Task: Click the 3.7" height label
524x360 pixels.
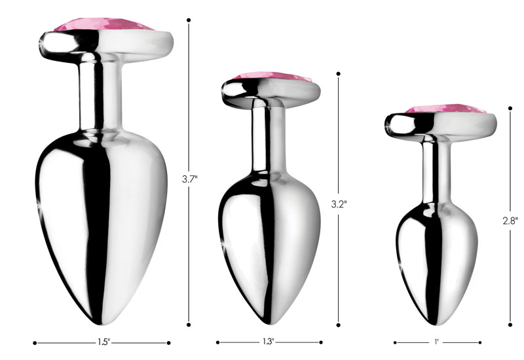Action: coord(190,177)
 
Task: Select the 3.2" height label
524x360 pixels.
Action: coord(339,203)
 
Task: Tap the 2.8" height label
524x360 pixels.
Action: coord(512,221)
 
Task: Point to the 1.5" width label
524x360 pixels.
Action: coord(101,342)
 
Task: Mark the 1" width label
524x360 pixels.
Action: coord(436,342)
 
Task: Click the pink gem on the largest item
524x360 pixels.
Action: coord(104,24)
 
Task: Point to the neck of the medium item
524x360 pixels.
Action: coord(267,137)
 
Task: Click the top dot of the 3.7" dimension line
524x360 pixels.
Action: coord(189,20)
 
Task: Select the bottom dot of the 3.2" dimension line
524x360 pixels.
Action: coord(339,323)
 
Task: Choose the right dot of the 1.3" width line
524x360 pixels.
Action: coord(322,342)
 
